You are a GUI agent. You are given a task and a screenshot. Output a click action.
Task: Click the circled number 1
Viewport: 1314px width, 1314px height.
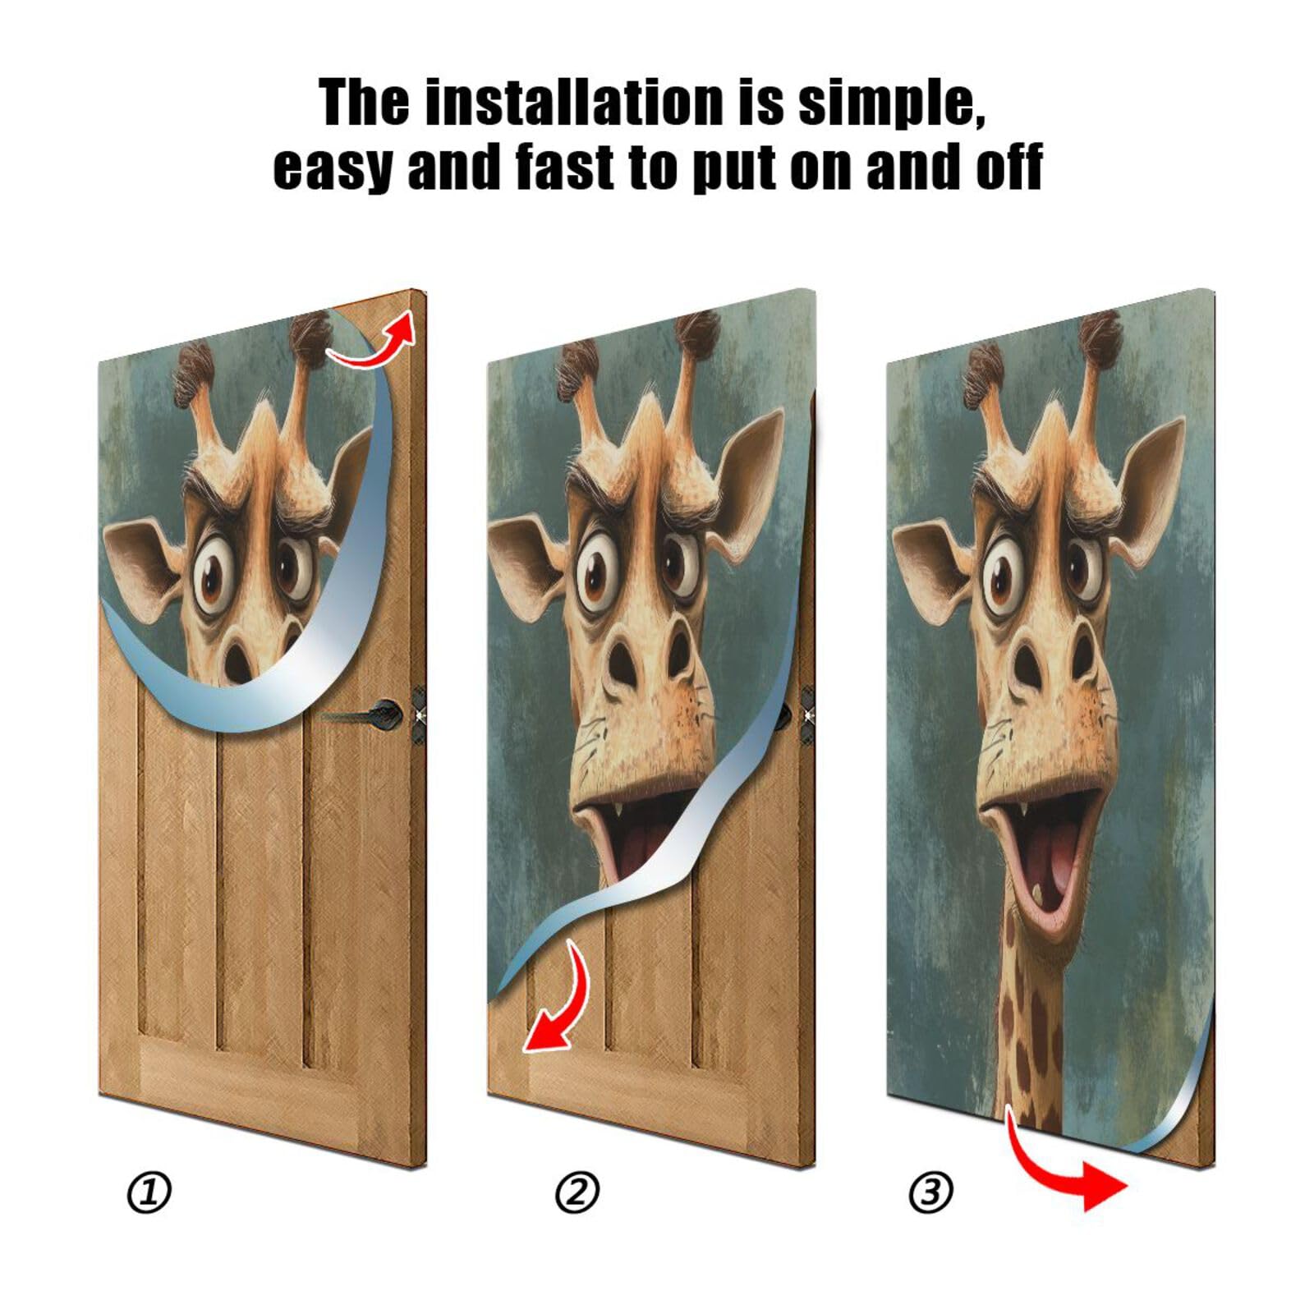click(x=149, y=1192)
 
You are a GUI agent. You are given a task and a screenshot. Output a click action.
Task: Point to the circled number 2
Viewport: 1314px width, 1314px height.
click(x=577, y=1192)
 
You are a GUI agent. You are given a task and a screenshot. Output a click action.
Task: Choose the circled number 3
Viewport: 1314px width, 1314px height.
click(x=930, y=1192)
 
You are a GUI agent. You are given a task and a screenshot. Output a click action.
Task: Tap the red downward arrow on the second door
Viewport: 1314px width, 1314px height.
click(x=558, y=998)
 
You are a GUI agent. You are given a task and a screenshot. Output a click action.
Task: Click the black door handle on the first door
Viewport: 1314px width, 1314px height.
click(x=378, y=713)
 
